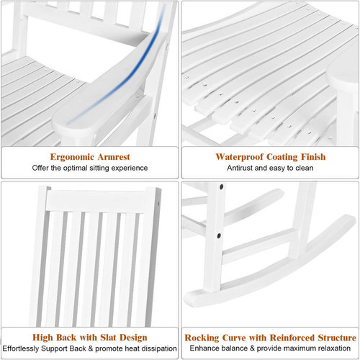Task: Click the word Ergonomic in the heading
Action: [72, 157]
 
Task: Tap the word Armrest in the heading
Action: [114, 157]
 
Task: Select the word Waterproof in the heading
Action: [239, 157]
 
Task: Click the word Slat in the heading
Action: [109, 337]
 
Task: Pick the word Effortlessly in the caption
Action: [21, 348]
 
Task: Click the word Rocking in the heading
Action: [202, 338]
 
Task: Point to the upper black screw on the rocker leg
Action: [221, 186]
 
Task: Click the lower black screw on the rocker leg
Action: [219, 235]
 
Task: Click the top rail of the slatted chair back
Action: [96, 201]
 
